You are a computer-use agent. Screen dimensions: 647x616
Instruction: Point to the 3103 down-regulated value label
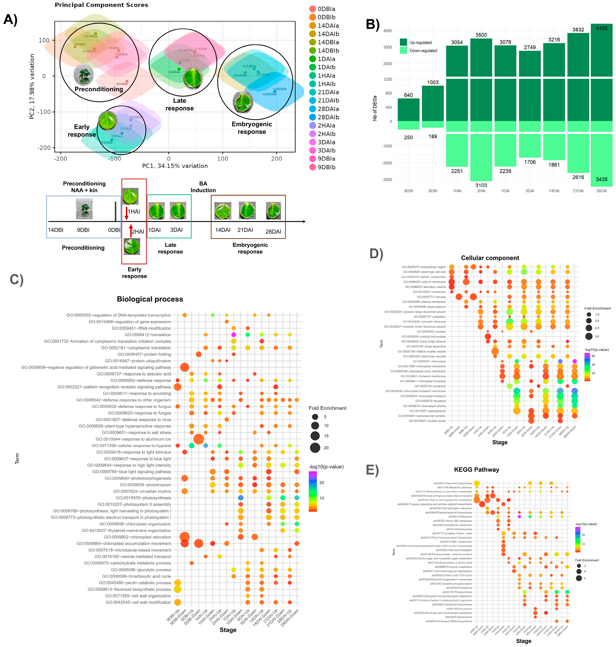[481, 185]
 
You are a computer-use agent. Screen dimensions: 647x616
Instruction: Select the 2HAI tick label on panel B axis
[481, 191]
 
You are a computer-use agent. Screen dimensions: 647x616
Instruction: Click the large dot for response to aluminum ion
[198, 439]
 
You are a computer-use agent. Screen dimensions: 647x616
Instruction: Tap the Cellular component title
[490, 258]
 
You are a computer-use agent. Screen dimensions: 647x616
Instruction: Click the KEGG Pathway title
[476, 470]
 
